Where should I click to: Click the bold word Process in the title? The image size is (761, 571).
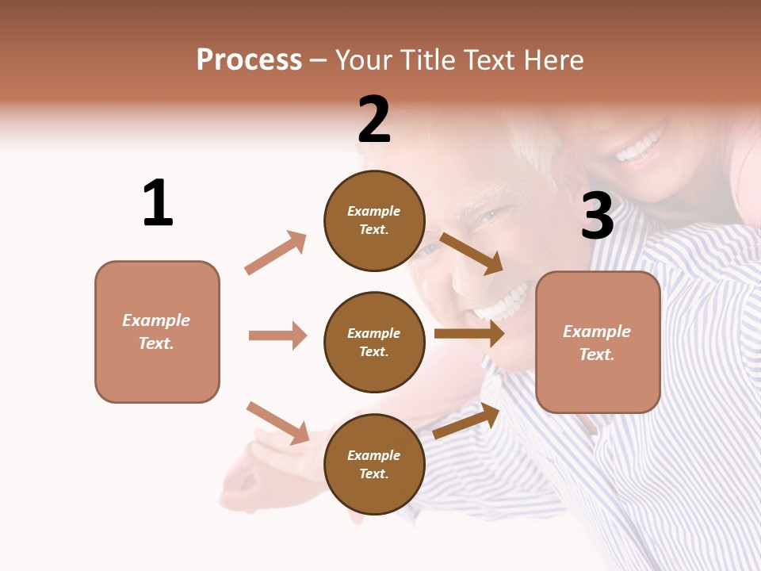click(249, 60)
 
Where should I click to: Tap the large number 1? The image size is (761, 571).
click(158, 203)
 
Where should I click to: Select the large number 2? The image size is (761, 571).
click(374, 120)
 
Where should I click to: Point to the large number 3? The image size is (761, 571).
click(597, 216)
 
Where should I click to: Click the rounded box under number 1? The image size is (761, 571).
click(157, 331)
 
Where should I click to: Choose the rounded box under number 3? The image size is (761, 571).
click(598, 342)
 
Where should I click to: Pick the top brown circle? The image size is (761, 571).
click(374, 220)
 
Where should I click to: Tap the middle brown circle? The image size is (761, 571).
click(374, 342)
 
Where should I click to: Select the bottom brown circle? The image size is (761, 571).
click(374, 464)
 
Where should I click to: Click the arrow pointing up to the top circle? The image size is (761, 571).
click(276, 253)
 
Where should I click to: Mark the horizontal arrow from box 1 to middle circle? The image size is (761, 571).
click(277, 335)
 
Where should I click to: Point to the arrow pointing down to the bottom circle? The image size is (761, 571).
click(277, 423)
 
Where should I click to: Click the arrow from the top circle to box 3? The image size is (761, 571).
click(471, 253)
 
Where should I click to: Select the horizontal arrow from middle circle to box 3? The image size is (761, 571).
click(469, 334)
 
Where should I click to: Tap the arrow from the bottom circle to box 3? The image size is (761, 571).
click(467, 421)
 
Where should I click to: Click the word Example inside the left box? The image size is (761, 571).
click(156, 320)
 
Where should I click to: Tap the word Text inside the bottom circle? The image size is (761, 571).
click(373, 473)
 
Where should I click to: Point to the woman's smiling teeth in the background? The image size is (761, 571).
click(638, 148)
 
